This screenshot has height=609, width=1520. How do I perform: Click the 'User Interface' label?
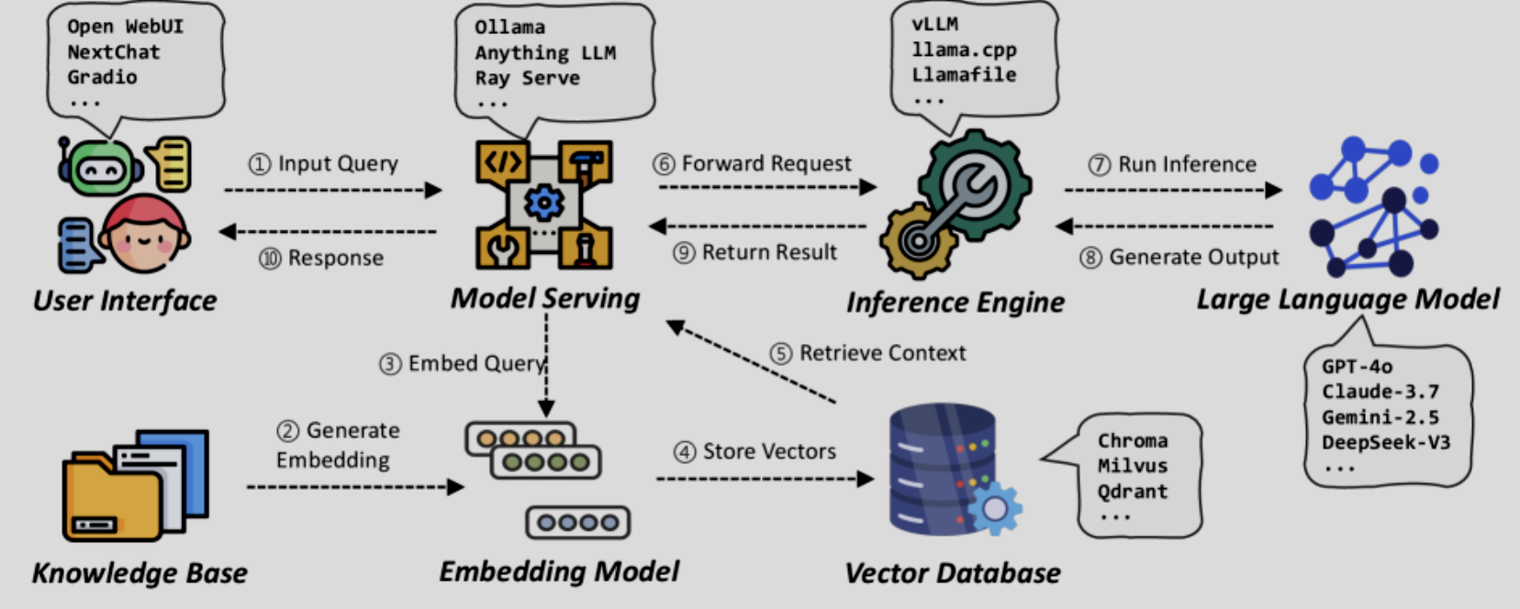[125, 301]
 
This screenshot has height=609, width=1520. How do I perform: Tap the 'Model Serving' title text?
[545, 298]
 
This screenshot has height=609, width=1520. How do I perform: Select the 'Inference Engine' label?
[955, 302]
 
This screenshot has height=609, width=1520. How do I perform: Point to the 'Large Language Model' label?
[1347, 299]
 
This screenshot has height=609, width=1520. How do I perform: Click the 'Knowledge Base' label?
[140, 573]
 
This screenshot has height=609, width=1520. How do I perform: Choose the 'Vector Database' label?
[952, 573]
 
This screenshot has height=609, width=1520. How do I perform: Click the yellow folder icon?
[110, 500]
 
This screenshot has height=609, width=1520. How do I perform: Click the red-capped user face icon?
[144, 235]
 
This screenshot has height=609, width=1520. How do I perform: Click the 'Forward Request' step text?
[766, 163]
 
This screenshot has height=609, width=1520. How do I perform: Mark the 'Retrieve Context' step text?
[881, 353]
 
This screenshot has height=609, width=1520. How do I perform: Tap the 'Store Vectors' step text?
[768, 451]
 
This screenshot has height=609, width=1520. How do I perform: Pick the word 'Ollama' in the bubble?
[509, 28]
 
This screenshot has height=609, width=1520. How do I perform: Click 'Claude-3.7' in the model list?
[1380, 392]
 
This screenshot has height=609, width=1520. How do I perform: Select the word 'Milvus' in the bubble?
[1132, 466]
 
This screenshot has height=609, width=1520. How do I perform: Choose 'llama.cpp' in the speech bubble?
[963, 50]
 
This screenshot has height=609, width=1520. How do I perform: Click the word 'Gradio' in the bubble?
[102, 77]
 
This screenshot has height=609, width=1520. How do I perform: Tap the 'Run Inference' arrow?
[1173, 190]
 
